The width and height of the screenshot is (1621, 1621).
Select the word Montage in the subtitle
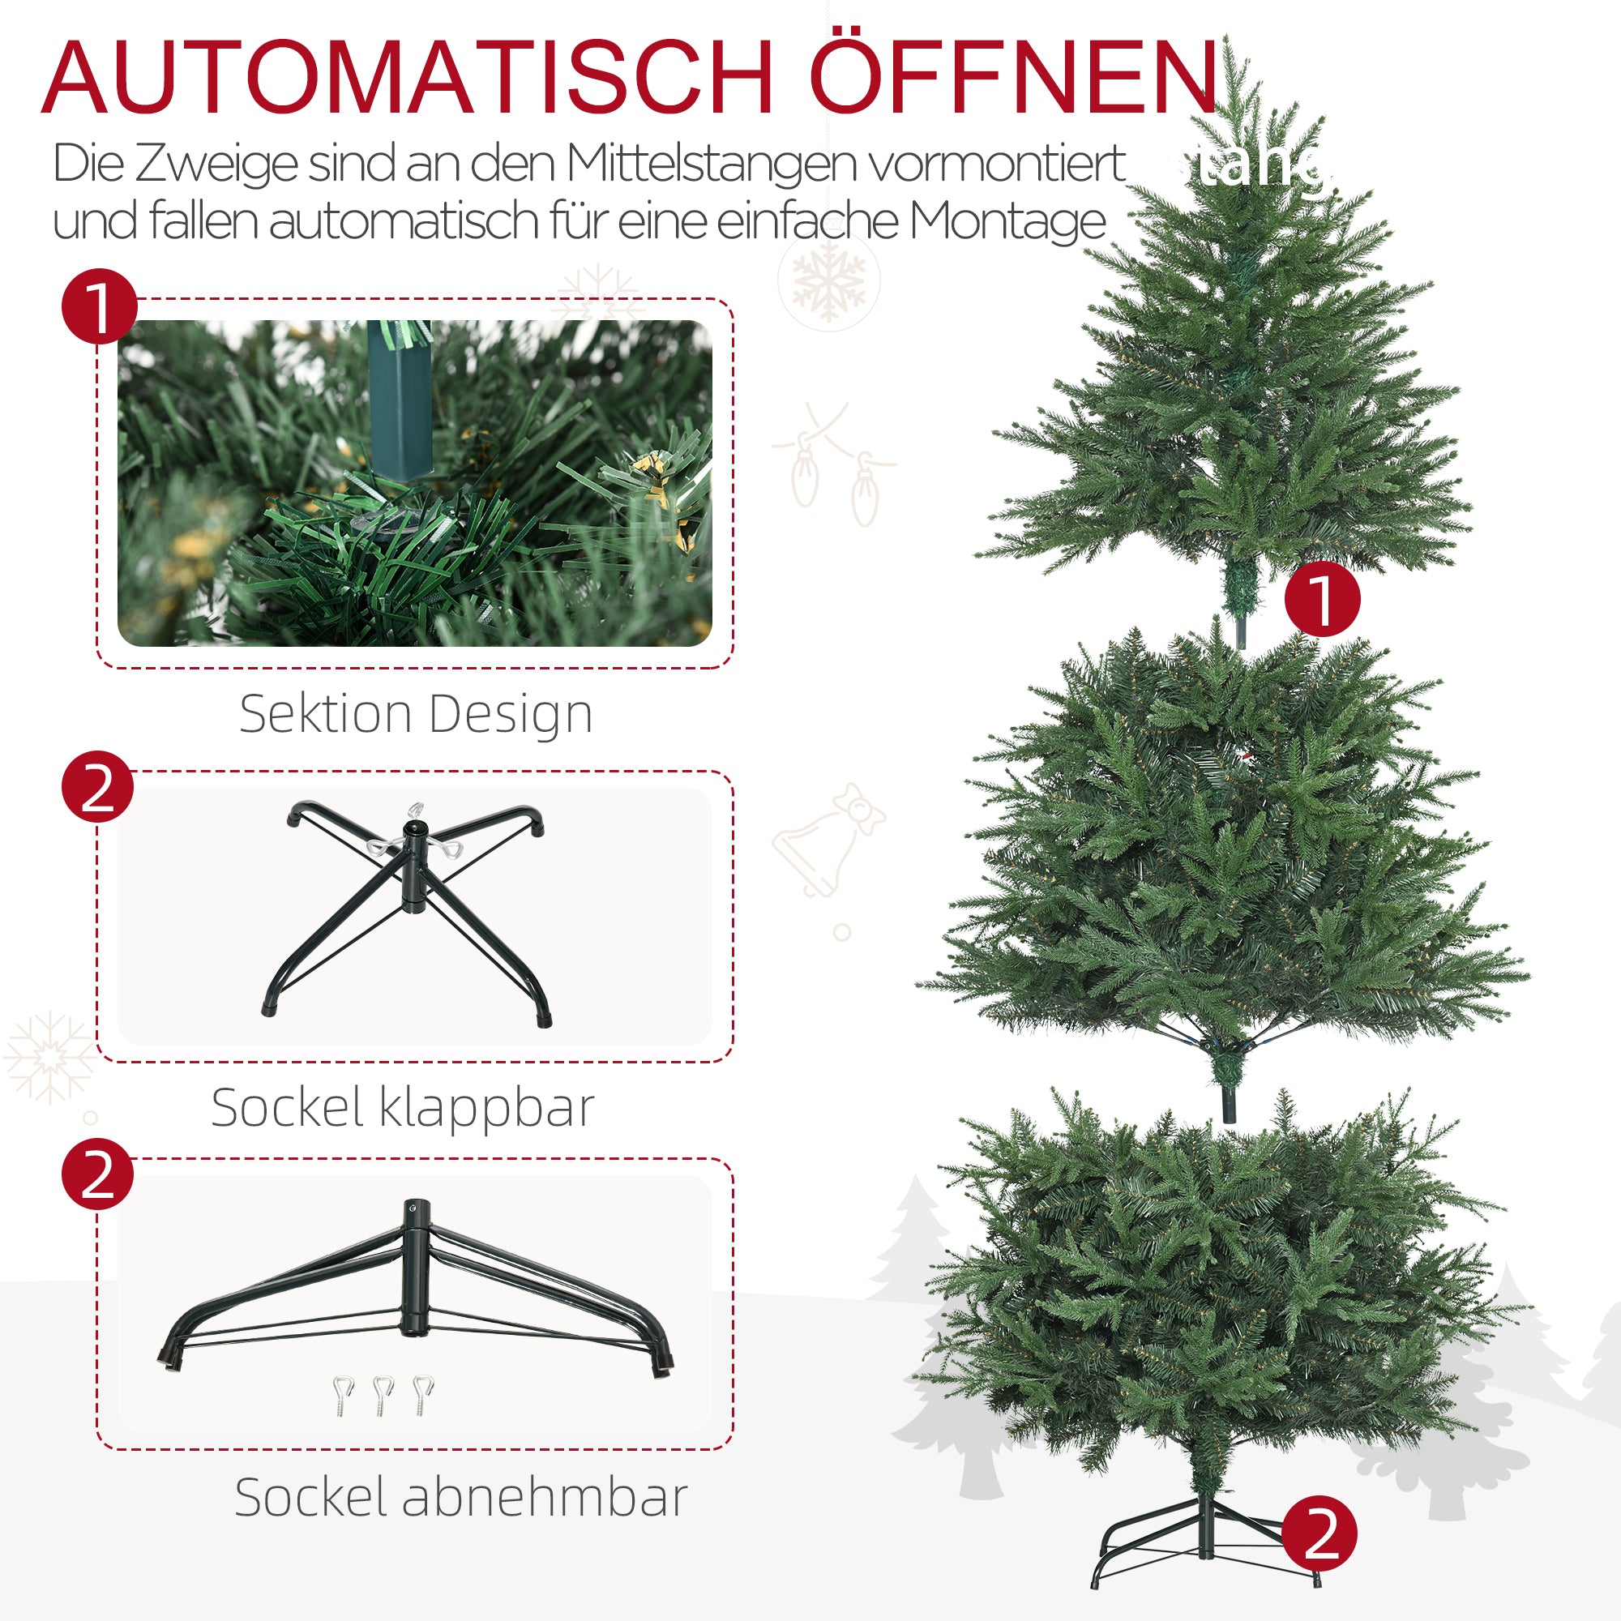[1007, 221]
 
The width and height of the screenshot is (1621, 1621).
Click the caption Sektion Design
[415, 714]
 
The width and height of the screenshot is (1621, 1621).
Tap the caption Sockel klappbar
[403, 1107]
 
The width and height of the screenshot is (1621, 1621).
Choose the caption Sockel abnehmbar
[460, 1497]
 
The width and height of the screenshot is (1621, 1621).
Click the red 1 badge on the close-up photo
[99, 306]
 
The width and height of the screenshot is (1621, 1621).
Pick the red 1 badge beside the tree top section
[1322, 599]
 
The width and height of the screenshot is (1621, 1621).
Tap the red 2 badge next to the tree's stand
[1319, 1534]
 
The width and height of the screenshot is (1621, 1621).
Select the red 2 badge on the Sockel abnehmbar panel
[98, 1174]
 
